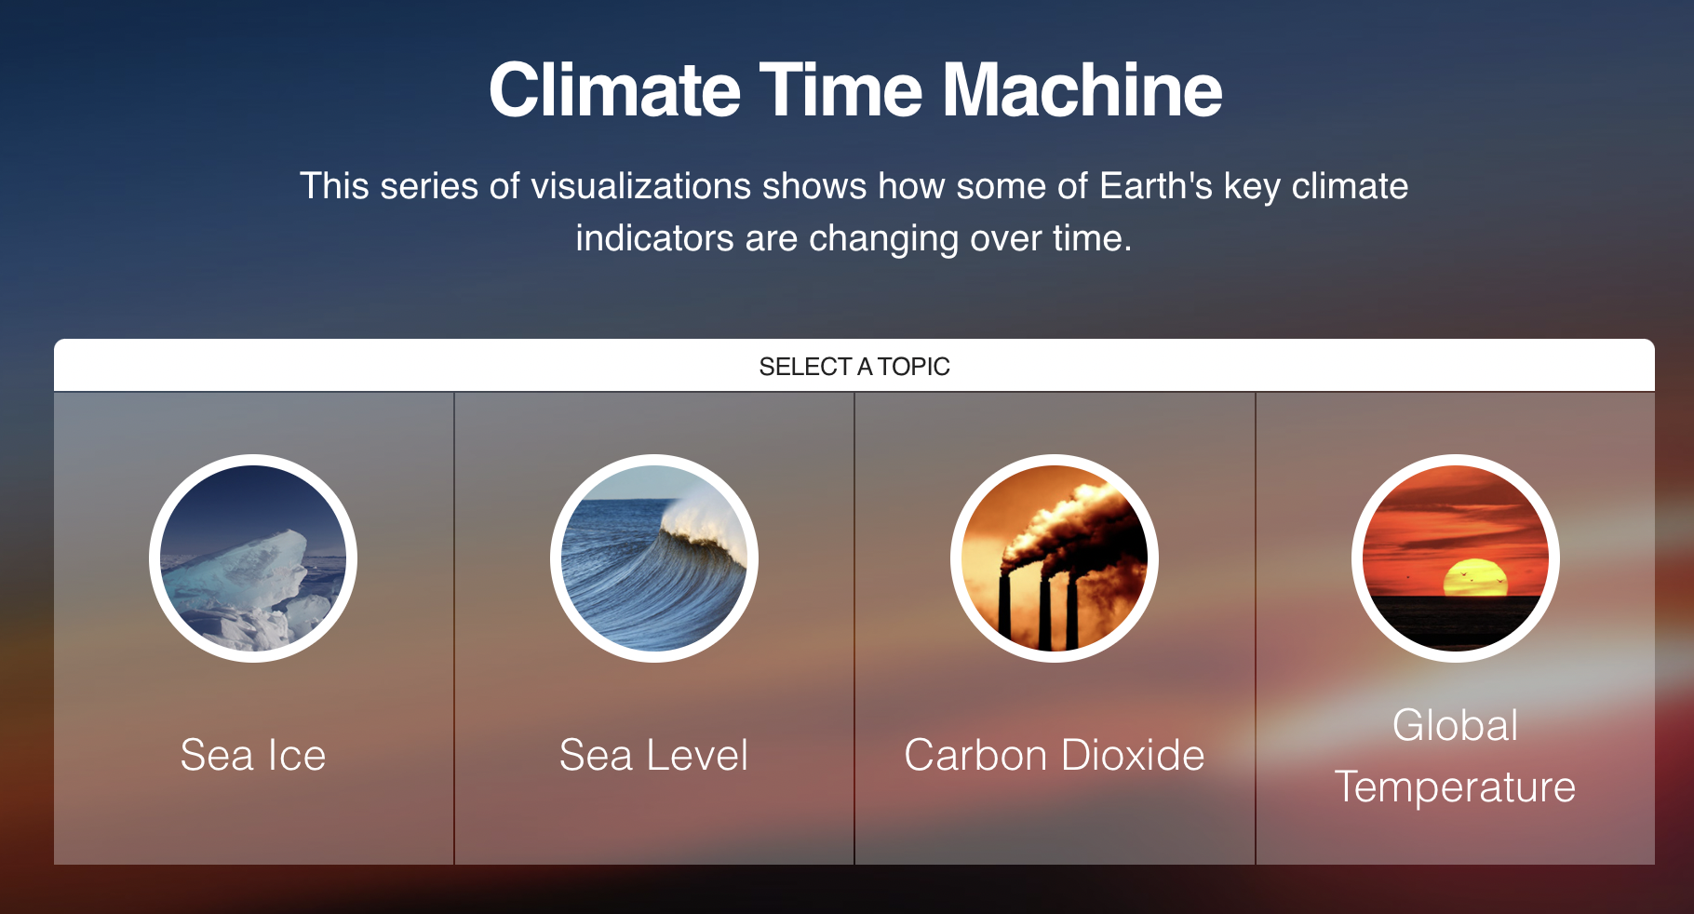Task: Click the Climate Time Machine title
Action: (855, 90)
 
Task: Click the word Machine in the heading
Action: (1082, 90)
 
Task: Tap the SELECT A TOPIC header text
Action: (854, 367)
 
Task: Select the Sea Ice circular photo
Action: (253, 558)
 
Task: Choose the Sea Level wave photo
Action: (654, 558)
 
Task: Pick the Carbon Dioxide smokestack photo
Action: (1055, 558)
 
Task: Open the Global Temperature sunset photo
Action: (1456, 558)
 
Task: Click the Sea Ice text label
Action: (253, 755)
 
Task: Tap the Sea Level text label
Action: (653, 755)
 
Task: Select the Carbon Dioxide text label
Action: (1055, 755)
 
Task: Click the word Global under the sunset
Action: (1456, 725)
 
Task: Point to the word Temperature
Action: (1456, 787)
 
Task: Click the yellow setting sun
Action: (1474, 578)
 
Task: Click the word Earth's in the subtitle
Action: (1156, 186)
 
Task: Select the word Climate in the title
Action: (615, 90)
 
